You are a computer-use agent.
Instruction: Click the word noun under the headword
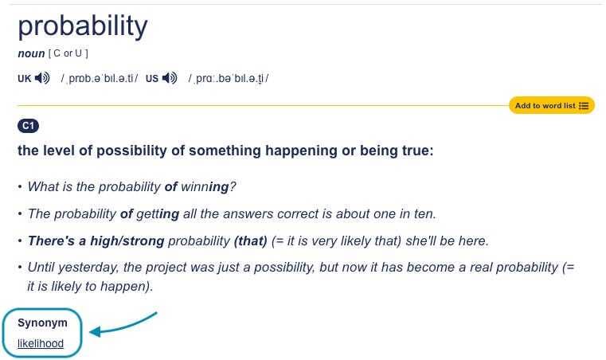30,53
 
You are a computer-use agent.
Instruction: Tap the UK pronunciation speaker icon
42,79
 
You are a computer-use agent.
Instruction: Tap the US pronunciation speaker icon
170,79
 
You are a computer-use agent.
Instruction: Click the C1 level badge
28,126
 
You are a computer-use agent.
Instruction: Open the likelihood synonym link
41,344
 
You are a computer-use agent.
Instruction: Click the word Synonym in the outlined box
42,323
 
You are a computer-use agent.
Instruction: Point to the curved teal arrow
123,324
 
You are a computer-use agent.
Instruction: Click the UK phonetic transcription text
99,79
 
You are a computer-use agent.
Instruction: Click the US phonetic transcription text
229,79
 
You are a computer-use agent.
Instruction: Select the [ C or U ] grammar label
68,53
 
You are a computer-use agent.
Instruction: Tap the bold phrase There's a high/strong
96,241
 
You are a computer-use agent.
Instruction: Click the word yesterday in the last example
88,268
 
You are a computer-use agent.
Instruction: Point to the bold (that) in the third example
250,241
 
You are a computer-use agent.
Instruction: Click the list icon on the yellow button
584,105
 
